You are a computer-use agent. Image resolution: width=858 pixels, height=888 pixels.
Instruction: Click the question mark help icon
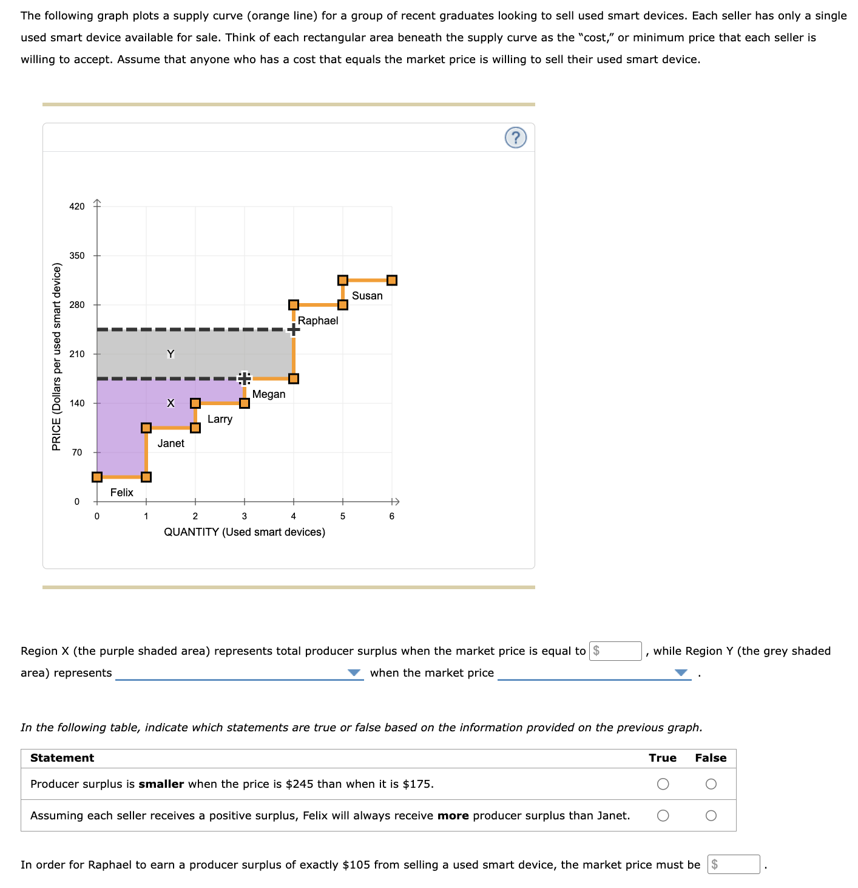(x=515, y=138)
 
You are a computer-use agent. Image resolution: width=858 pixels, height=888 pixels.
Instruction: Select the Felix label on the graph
(x=121, y=493)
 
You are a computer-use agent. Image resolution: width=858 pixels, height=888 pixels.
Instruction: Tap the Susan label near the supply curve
(x=367, y=296)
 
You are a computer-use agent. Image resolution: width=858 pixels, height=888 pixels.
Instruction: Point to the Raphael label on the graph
(x=318, y=321)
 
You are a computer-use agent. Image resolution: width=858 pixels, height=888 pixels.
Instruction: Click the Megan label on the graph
(x=269, y=394)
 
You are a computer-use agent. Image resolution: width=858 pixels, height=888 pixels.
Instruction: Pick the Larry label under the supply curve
(x=220, y=419)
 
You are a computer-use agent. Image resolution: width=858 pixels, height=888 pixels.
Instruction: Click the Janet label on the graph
(x=171, y=443)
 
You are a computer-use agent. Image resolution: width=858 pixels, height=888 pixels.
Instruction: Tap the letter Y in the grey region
(x=171, y=354)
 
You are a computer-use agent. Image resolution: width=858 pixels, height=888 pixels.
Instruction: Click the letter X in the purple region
(x=171, y=403)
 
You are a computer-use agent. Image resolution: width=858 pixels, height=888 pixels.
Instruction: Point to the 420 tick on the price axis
(x=77, y=207)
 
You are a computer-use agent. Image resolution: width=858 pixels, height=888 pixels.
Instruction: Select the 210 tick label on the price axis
(x=77, y=354)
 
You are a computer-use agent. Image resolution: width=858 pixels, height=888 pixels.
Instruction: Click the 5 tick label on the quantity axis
(x=343, y=516)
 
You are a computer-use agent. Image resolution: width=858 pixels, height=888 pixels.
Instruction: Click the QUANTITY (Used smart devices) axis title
(x=245, y=532)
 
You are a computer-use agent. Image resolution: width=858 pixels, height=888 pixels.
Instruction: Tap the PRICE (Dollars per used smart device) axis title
(x=56, y=357)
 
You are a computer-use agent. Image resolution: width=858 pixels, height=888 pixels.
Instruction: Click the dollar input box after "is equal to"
(x=616, y=651)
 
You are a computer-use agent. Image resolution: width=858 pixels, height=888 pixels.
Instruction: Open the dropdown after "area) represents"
(x=239, y=673)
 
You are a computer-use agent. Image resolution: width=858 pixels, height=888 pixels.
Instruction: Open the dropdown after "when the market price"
(x=594, y=673)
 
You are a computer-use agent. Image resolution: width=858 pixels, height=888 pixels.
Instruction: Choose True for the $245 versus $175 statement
(x=663, y=784)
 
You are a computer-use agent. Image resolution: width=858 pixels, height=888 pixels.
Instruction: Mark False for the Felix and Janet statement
(x=711, y=816)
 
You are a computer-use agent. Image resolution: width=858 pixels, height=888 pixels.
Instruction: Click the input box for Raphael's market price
(x=734, y=864)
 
